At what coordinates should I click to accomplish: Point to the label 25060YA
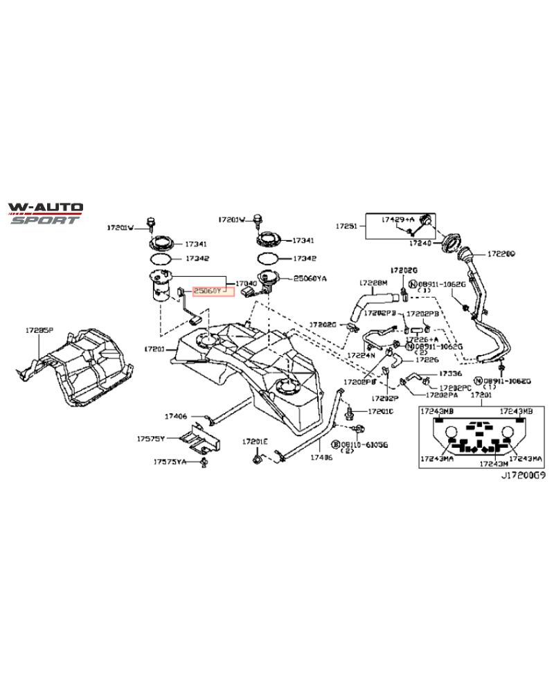pyautogui.click(x=310, y=279)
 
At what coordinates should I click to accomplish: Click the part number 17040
pyautogui.click(x=247, y=284)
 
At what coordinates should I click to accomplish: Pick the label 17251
pyautogui.click(x=347, y=226)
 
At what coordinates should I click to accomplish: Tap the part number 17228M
pyautogui.click(x=373, y=282)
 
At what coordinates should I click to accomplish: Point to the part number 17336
pyautogui.click(x=440, y=373)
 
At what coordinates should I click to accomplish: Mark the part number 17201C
pyautogui.click(x=380, y=411)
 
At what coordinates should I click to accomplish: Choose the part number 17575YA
pyautogui.click(x=170, y=462)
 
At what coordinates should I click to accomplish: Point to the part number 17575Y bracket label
pyautogui.click(x=150, y=439)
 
